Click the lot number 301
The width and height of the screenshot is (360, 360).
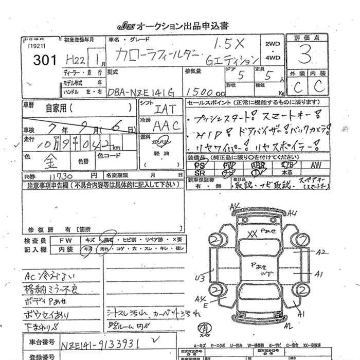coord(45,60)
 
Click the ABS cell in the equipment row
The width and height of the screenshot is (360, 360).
coord(259,166)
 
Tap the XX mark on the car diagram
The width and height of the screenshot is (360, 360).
coord(252,232)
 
